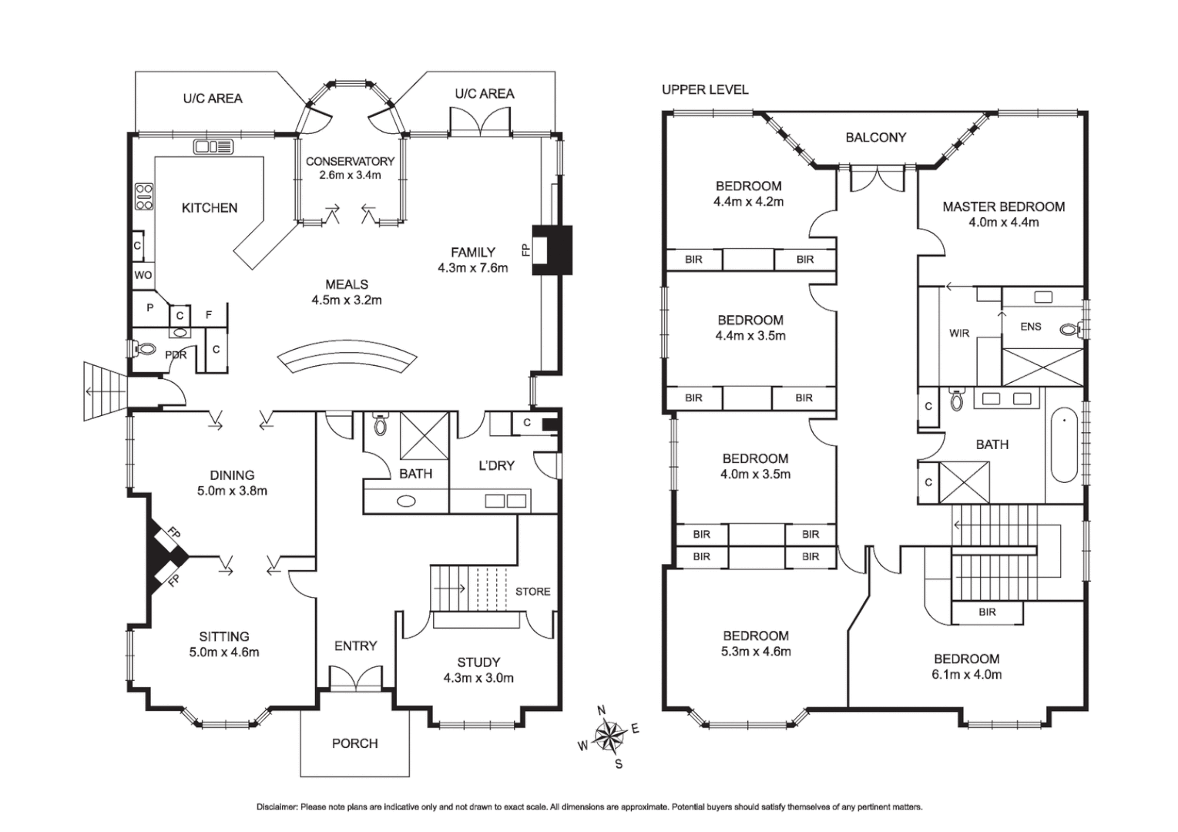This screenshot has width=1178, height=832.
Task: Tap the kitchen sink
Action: pyautogui.click(x=213, y=146)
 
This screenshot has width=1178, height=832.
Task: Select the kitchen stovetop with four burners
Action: pyautogui.click(x=144, y=196)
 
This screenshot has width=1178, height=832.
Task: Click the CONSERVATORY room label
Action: pyautogui.click(x=351, y=162)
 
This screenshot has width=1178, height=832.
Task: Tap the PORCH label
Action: pyautogui.click(x=355, y=743)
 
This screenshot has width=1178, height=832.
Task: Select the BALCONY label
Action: pyautogui.click(x=876, y=137)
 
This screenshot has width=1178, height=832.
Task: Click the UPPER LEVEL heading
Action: pyautogui.click(x=705, y=90)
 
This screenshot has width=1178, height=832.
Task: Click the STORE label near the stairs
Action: pyautogui.click(x=532, y=592)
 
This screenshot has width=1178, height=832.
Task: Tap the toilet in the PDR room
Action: pyautogui.click(x=145, y=348)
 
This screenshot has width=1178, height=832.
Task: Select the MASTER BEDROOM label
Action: pyautogui.click(x=1003, y=206)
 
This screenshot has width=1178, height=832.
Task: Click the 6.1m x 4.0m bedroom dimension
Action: pyautogui.click(x=967, y=674)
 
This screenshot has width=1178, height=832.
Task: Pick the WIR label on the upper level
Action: pyautogui.click(x=959, y=333)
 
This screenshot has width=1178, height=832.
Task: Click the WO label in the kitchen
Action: pyautogui.click(x=143, y=275)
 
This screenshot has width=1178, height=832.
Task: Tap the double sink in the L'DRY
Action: pyautogui.click(x=505, y=501)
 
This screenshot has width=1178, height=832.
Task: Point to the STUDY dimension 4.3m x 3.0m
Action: pyautogui.click(x=478, y=678)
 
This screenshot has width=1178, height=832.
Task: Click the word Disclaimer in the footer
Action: pyautogui.click(x=277, y=807)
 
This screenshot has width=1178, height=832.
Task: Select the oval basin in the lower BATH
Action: pyautogui.click(x=406, y=501)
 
